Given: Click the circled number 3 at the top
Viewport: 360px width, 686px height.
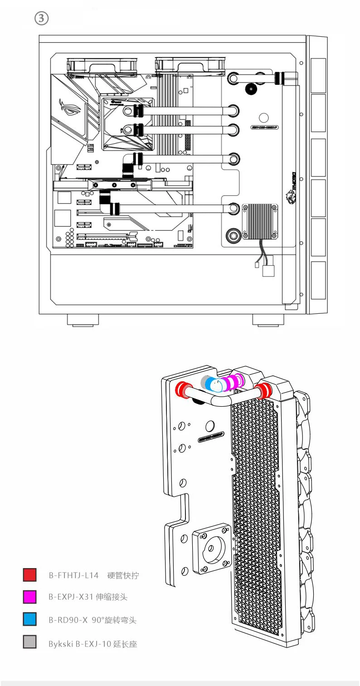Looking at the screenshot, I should [41, 18].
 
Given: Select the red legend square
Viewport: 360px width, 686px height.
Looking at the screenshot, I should [29, 575].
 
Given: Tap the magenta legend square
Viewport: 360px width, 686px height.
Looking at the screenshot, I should [29, 597].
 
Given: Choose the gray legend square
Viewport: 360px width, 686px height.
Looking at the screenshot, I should [29, 642].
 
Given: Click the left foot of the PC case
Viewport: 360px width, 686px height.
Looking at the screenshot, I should [83, 319].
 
